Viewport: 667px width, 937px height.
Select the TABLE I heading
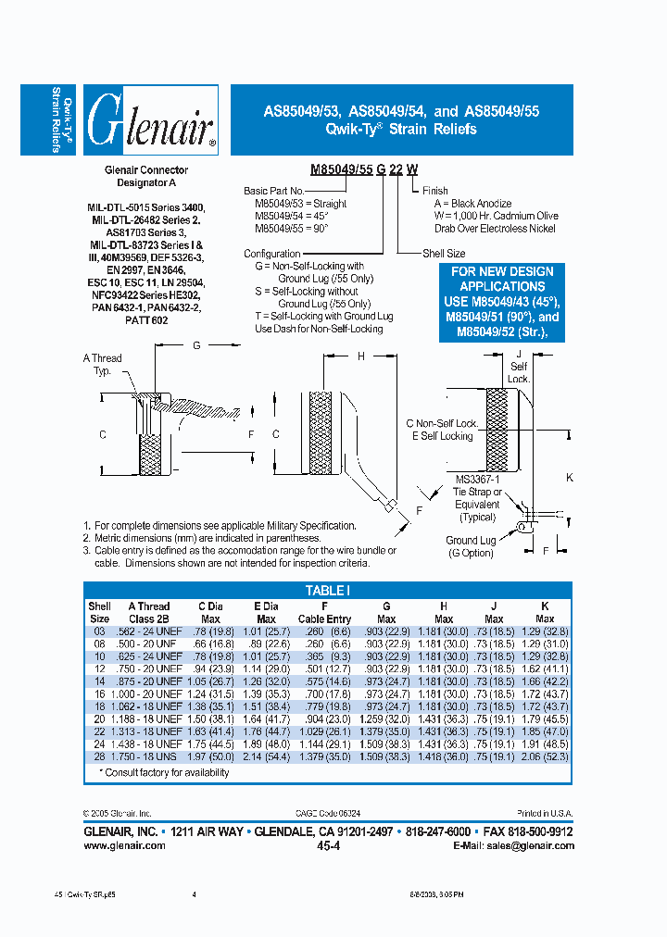327,589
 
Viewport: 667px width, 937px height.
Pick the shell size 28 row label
99,756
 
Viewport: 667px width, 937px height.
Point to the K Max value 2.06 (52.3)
544,756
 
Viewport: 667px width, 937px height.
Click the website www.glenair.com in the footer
124,845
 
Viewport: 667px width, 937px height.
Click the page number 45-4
329,846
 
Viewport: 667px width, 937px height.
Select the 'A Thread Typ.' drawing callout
103,364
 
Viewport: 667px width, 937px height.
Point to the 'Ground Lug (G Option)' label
470,546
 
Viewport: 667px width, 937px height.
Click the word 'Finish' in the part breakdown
434,191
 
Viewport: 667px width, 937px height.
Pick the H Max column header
443,613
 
